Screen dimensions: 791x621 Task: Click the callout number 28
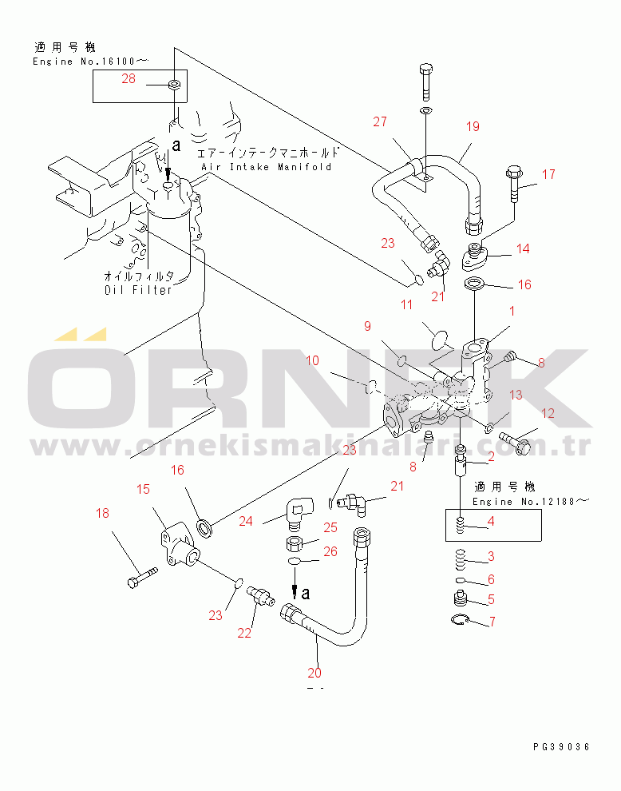(129, 78)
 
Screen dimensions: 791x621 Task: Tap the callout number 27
(379, 121)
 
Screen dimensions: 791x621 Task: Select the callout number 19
(473, 126)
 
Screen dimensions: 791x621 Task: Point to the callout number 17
(548, 174)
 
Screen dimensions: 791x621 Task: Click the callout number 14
(522, 248)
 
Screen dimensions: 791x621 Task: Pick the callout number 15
(142, 488)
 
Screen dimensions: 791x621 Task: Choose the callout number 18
(102, 513)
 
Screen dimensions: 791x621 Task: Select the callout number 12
(548, 413)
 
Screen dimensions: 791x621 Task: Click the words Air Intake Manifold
(266, 166)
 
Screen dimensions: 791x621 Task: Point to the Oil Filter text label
(138, 289)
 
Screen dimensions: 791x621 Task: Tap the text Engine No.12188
(531, 502)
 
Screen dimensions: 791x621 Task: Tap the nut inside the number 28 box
(175, 84)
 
